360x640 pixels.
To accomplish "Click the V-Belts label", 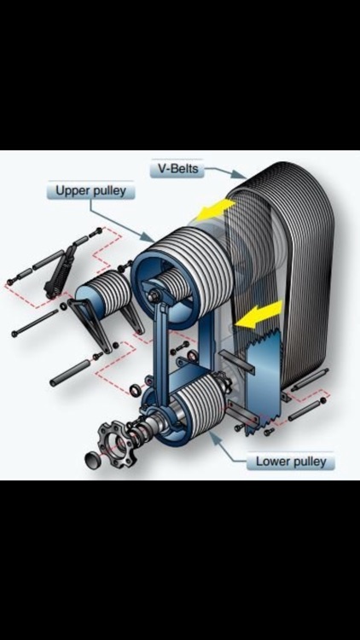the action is [x=177, y=168].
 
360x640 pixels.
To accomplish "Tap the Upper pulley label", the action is [x=90, y=190].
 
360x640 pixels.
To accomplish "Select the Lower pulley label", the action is [x=291, y=462].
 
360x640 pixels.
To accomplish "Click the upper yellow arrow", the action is [x=216, y=209].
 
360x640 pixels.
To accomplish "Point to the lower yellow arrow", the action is [x=260, y=315].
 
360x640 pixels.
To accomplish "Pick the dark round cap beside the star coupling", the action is [x=93, y=460].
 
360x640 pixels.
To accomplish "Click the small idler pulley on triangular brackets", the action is [x=104, y=293].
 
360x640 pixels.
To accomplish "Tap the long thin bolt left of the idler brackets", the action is [x=36, y=323].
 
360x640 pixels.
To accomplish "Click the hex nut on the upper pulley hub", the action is [x=155, y=295].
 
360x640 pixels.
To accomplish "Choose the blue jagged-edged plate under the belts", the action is [x=264, y=382].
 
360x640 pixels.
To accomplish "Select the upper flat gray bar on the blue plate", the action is [x=237, y=362].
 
